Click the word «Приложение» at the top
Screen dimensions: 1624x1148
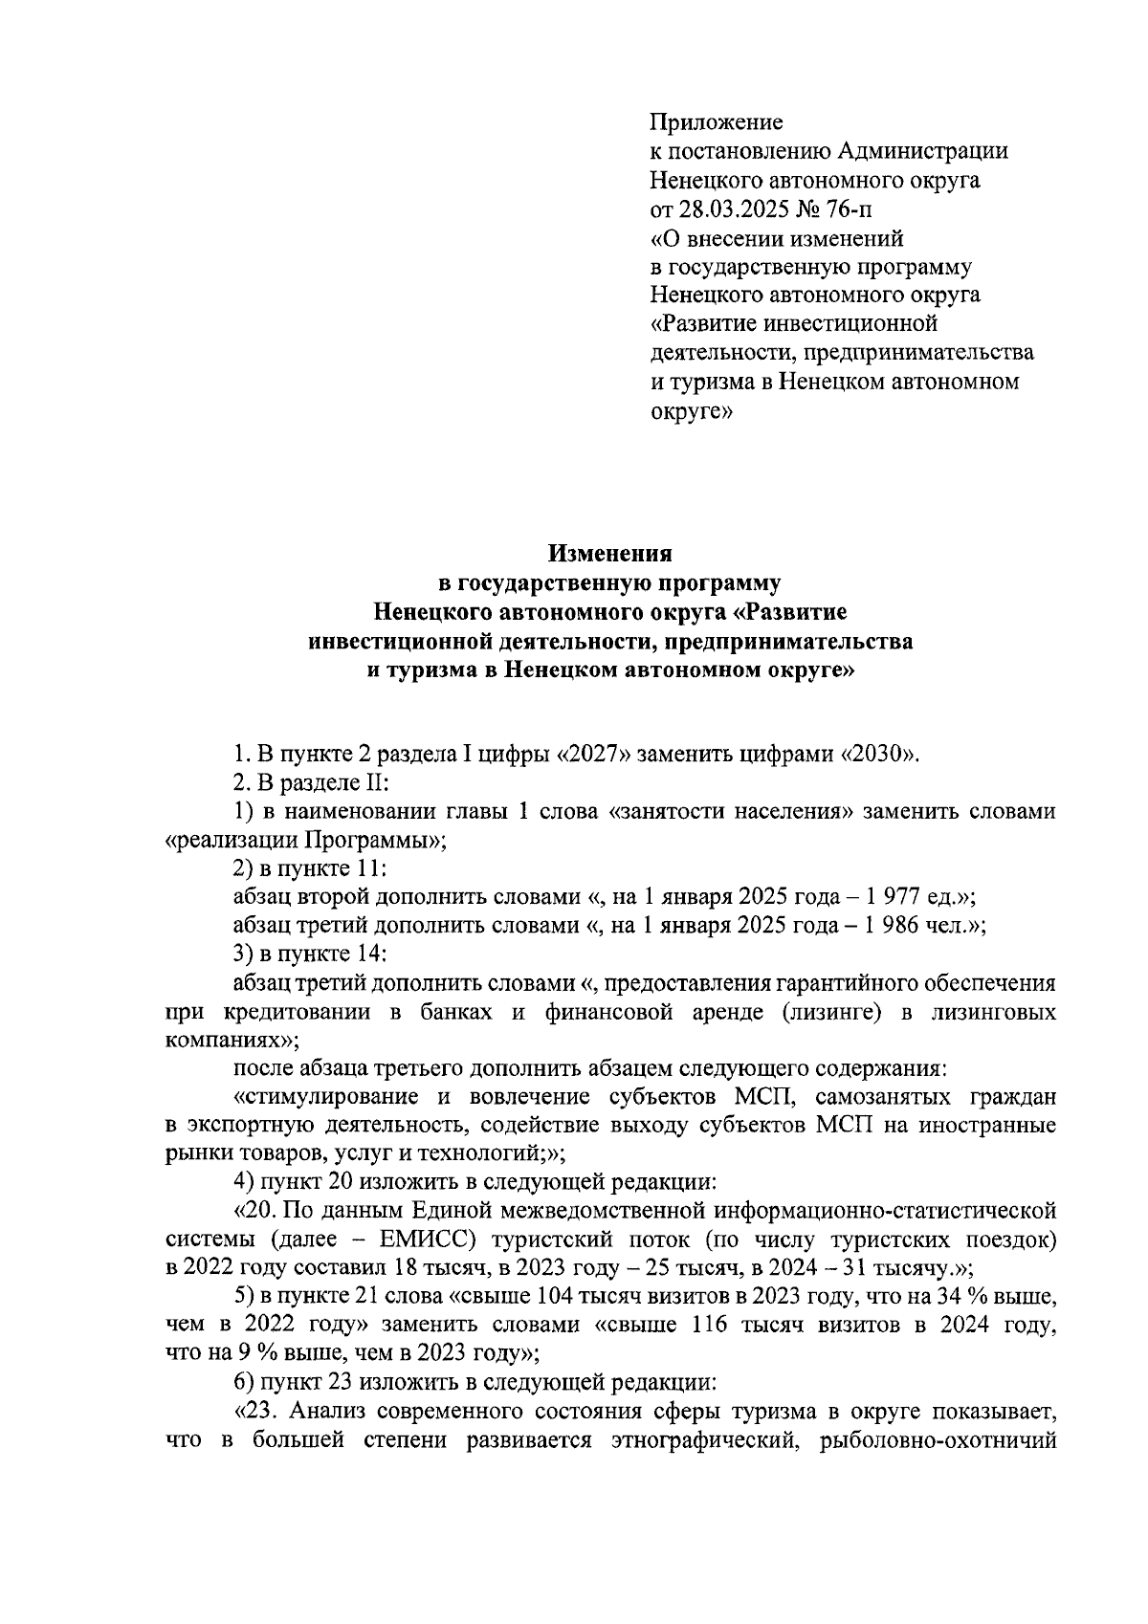pyautogui.click(x=716, y=122)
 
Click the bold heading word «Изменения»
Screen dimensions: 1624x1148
pyautogui.click(x=609, y=554)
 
